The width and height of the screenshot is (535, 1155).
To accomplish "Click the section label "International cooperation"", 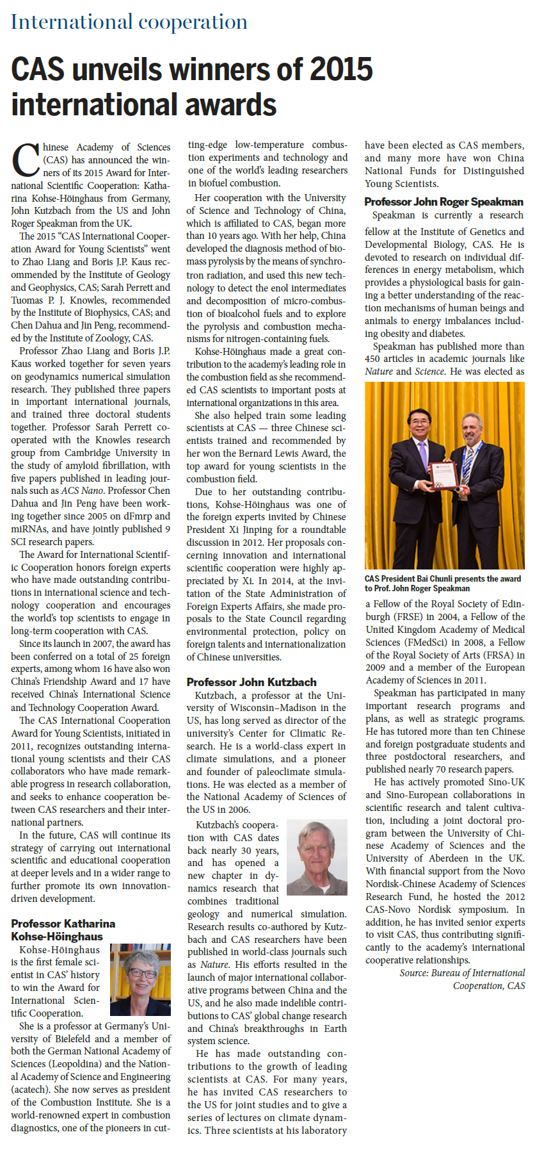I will click(x=129, y=22).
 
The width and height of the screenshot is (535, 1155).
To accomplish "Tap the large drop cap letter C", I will click(x=26, y=160).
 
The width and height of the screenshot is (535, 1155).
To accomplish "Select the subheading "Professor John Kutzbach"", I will click(x=252, y=682).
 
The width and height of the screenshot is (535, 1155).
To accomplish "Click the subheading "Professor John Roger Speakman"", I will click(x=443, y=202).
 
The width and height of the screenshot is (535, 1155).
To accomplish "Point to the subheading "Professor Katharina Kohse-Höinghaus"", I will click(x=63, y=930).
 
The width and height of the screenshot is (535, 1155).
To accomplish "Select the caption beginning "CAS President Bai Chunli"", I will click(x=443, y=583).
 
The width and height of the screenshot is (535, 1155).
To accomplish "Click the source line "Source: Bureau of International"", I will click(x=462, y=972).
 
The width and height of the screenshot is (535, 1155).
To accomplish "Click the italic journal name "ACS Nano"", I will click(x=82, y=491).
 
